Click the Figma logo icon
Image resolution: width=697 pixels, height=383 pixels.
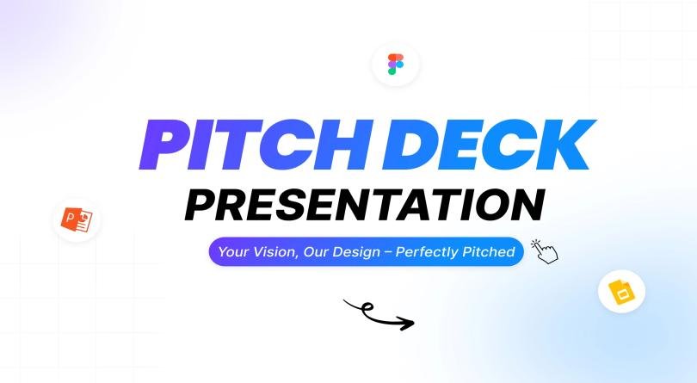396,65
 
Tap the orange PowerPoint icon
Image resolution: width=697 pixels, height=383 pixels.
77,219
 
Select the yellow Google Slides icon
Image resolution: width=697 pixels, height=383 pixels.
621,293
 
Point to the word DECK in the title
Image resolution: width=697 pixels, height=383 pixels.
485,145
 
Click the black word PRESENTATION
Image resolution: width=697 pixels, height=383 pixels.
365,204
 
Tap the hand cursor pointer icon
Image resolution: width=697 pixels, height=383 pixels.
545,250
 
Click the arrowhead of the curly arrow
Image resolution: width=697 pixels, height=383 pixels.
408,324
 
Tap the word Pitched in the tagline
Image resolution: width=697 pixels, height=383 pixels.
489,252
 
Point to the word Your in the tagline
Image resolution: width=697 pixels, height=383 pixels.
233,252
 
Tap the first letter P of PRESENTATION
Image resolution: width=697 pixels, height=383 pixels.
203,204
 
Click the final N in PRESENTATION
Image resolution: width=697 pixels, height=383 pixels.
527,204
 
